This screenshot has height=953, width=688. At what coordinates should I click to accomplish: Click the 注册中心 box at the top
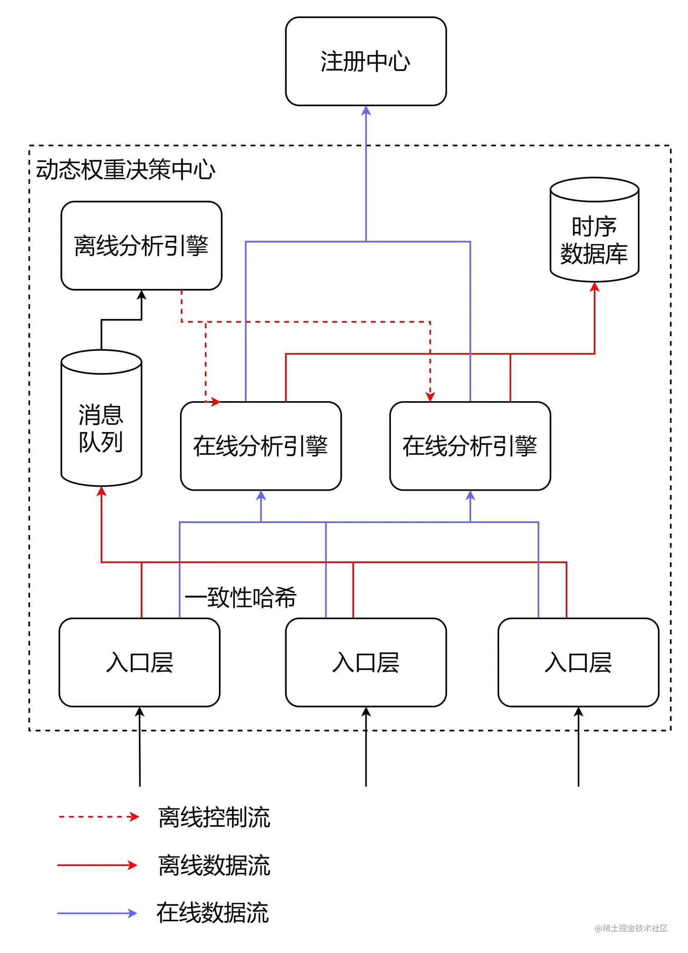tap(366, 61)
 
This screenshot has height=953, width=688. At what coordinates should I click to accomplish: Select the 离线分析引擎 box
tap(142, 246)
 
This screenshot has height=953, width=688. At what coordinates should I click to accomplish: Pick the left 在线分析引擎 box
tap(261, 446)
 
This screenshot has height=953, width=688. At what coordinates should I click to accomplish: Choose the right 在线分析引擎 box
tap(470, 446)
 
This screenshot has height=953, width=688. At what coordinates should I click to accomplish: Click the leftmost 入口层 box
tap(140, 662)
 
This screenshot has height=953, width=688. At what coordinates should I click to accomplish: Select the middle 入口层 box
tap(366, 662)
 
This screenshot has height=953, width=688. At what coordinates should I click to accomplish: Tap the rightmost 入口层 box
tap(578, 662)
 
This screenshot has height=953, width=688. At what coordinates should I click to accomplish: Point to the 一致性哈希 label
tap(241, 597)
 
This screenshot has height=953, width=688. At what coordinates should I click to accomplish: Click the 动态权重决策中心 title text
tap(126, 170)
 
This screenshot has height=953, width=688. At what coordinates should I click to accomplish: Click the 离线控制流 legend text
tap(214, 817)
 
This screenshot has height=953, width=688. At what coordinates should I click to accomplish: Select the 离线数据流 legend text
tap(214, 865)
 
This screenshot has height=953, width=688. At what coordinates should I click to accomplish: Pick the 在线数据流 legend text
tap(212, 913)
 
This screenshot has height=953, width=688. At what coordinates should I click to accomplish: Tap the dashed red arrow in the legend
tap(98, 817)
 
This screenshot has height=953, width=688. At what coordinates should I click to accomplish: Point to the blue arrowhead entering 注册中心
tap(366, 111)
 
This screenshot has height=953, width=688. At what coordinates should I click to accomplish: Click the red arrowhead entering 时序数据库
tap(594, 287)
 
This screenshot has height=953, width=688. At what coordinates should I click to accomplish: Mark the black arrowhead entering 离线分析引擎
tap(142, 295)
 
